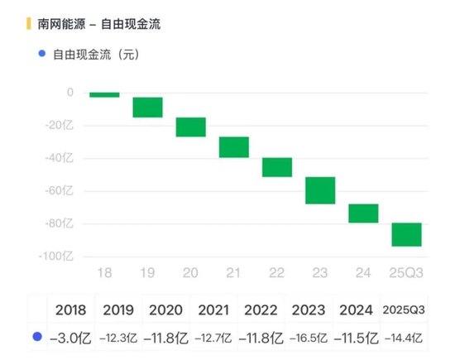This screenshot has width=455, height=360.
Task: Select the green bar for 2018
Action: point(104,94)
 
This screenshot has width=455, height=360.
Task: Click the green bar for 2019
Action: point(147,107)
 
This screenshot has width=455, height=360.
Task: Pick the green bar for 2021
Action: point(234,147)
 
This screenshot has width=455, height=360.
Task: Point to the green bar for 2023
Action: point(320,190)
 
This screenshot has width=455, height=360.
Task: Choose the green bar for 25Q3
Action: point(406,234)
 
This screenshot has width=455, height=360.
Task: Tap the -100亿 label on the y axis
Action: point(59,256)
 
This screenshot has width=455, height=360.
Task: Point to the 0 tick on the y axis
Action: point(70,93)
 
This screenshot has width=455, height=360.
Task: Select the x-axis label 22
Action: point(277,271)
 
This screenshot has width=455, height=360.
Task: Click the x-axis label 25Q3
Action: point(406,271)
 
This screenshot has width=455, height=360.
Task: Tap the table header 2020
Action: point(165,310)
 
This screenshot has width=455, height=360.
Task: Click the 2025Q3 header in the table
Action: point(405,310)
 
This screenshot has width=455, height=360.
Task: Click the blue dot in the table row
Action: point(36,337)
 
